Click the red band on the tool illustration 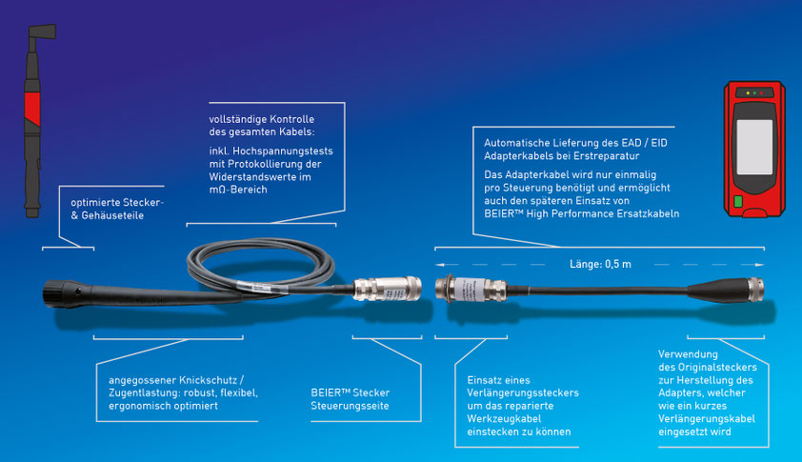click(32, 108)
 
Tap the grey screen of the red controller click(754, 147)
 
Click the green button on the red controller click(738, 201)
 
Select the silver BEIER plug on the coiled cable click(388, 289)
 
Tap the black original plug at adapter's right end click(727, 290)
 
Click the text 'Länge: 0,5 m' click(600, 264)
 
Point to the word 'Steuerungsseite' click(350, 406)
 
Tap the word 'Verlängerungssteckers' click(523, 392)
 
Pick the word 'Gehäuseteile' click(112, 215)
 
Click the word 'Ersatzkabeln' click(648, 214)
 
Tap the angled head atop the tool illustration click(42, 32)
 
